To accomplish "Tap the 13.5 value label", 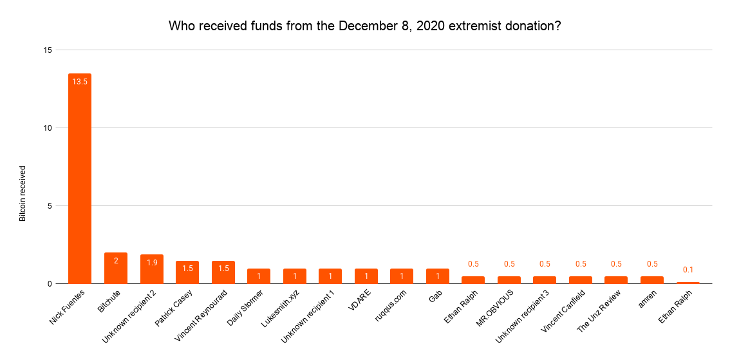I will (x=80, y=82).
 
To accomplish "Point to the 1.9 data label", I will (x=151, y=263).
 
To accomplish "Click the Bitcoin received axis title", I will (x=23, y=193).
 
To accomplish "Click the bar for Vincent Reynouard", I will (x=223, y=272).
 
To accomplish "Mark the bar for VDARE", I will (x=366, y=276).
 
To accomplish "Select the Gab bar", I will (x=438, y=276).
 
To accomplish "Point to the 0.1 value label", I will (x=688, y=270).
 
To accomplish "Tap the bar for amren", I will (x=652, y=280).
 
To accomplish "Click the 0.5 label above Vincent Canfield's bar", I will (x=581, y=264).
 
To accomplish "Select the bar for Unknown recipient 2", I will (x=152, y=269).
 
